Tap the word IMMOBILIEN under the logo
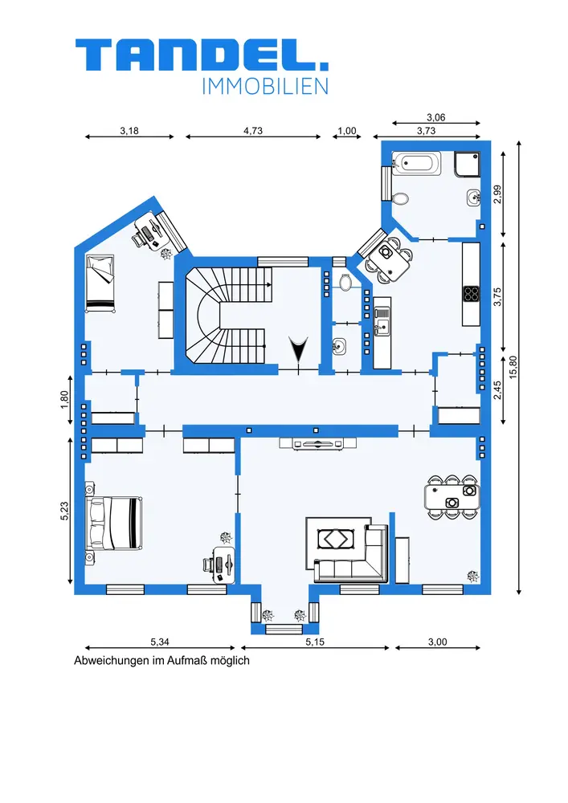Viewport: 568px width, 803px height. (x=265, y=87)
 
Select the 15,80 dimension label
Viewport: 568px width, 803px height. (x=513, y=367)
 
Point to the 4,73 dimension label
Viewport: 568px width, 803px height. (x=253, y=131)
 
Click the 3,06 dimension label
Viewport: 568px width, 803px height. (x=436, y=117)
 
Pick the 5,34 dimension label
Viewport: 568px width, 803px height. (x=160, y=641)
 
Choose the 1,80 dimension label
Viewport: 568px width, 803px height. (x=64, y=399)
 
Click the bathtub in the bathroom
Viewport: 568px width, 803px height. (x=416, y=163)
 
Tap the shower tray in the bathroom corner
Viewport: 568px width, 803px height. (x=467, y=165)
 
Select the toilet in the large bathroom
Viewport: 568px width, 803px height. (x=400, y=198)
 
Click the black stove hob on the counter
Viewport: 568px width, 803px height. (x=472, y=293)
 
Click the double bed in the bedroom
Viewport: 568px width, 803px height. (x=113, y=523)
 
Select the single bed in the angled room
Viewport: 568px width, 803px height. (x=100, y=283)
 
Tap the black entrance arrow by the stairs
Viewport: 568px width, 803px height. (x=297, y=349)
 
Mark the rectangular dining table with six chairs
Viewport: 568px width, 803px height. (x=452, y=497)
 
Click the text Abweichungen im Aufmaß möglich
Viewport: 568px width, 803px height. (x=161, y=661)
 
